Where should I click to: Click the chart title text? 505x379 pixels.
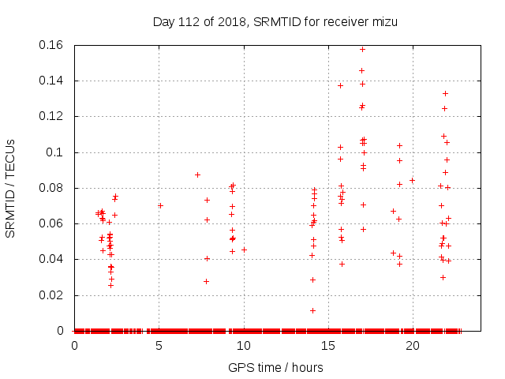275,21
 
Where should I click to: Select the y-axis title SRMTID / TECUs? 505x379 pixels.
11,188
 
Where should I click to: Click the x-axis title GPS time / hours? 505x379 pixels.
275,367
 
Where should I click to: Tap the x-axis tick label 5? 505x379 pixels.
159,346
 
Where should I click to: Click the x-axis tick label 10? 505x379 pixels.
243,346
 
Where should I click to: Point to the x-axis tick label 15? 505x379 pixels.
327,346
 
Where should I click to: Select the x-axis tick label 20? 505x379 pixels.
412,346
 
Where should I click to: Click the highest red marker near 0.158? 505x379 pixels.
362,49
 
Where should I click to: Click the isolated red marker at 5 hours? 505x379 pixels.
160,205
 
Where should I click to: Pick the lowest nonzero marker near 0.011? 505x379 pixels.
312,310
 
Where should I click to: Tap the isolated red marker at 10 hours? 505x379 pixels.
244,250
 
